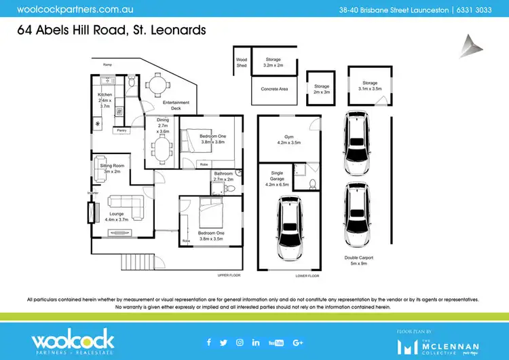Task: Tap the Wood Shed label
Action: tap(241, 62)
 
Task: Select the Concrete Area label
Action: tap(275, 89)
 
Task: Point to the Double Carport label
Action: tap(359, 260)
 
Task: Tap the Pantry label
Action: tap(122, 130)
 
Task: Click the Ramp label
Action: tap(107, 65)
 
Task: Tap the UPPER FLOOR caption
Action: tap(229, 276)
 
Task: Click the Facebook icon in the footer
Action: tap(208, 342)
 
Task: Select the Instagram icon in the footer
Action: tap(240, 342)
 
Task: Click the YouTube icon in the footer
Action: tap(276, 342)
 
